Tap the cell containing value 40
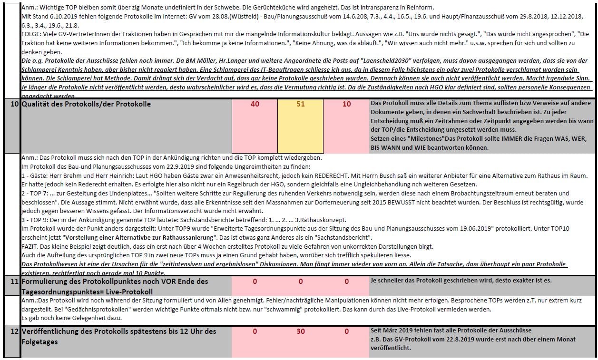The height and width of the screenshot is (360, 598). (x=255, y=104)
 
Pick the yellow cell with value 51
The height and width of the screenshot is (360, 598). (x=301, y=104)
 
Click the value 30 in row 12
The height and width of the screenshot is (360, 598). (x=301, y=331)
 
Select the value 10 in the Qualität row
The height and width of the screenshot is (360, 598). (x=346, y=104)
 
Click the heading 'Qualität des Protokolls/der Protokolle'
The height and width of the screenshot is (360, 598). (x=86, y=104)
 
